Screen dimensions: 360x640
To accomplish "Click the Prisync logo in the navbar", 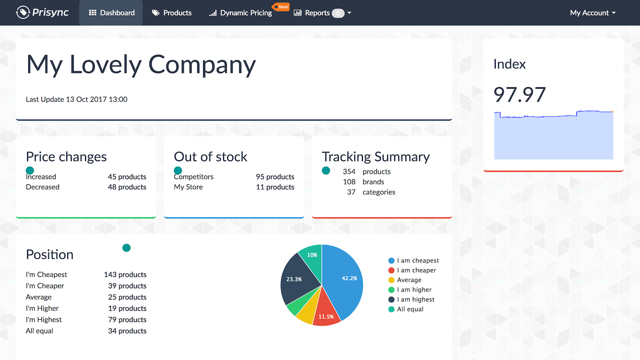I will (42, 12).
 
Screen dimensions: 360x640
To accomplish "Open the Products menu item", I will (172, 13).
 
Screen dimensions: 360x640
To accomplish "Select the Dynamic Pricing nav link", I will (241, 13).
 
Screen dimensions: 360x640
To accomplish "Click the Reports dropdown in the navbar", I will (322, 13).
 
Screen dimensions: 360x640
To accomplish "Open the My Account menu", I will (592, 13).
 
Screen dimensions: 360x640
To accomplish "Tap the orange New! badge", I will (282, 7).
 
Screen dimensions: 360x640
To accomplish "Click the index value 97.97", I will (520, 95).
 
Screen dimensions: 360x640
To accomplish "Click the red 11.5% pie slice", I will (326, 312).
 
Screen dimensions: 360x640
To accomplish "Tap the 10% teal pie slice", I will (312, 256).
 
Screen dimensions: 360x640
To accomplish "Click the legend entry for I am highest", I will (415, 299).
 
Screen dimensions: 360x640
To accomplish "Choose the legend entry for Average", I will (409, 280).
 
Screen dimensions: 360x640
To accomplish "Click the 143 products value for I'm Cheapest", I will (125, 274).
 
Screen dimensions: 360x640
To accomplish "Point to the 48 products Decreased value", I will (127, 187).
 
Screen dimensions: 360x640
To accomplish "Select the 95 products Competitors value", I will (275, 177).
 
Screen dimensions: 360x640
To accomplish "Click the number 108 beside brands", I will (349, 182).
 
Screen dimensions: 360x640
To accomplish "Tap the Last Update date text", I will (76, 99).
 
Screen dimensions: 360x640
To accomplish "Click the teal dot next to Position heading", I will (126, 248).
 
